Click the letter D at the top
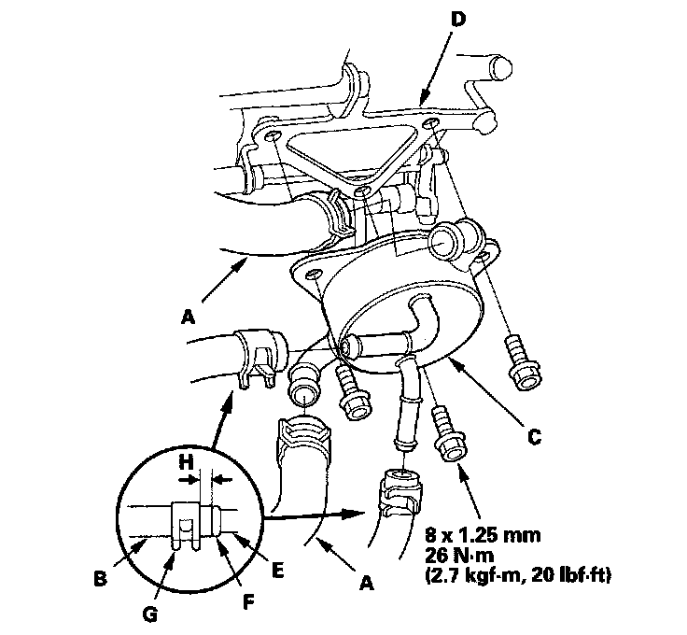point(457,20)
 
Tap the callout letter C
point(534,437)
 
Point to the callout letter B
point(100,579)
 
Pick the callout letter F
point(248,602)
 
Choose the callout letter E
point(277,571)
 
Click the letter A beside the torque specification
point(367,584)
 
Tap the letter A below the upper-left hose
point(188,317)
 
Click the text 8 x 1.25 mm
point(483,535)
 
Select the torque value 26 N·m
point(459,556)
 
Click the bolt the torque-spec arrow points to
point(446,434)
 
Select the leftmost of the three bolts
point(353,392)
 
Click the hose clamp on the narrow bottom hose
point(400,492)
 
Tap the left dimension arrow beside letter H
point(189,480)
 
